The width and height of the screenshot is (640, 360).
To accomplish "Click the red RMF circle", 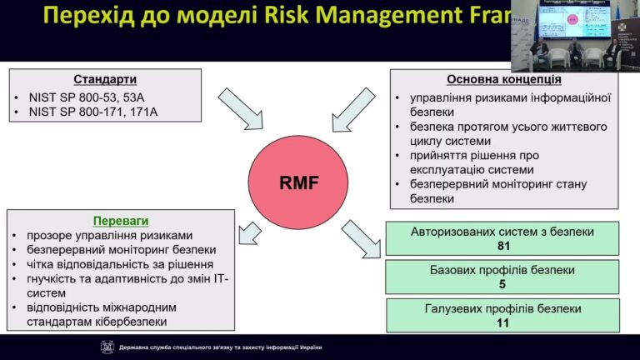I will click(286, 181).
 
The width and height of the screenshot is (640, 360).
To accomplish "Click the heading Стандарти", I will click(105, 80).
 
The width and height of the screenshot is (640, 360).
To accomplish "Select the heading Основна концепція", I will click(503, 80).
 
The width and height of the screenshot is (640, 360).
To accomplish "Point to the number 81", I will click(502, 246).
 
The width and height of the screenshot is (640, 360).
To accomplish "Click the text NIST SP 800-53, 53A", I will click(85, 96).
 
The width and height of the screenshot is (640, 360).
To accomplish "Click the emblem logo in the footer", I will click(107, 347).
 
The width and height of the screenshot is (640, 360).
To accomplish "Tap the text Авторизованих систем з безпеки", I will click(502, 232).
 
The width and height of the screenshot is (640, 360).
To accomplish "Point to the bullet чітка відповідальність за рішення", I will click(107, 264).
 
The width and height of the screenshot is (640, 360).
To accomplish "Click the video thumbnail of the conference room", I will click(575, 36).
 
